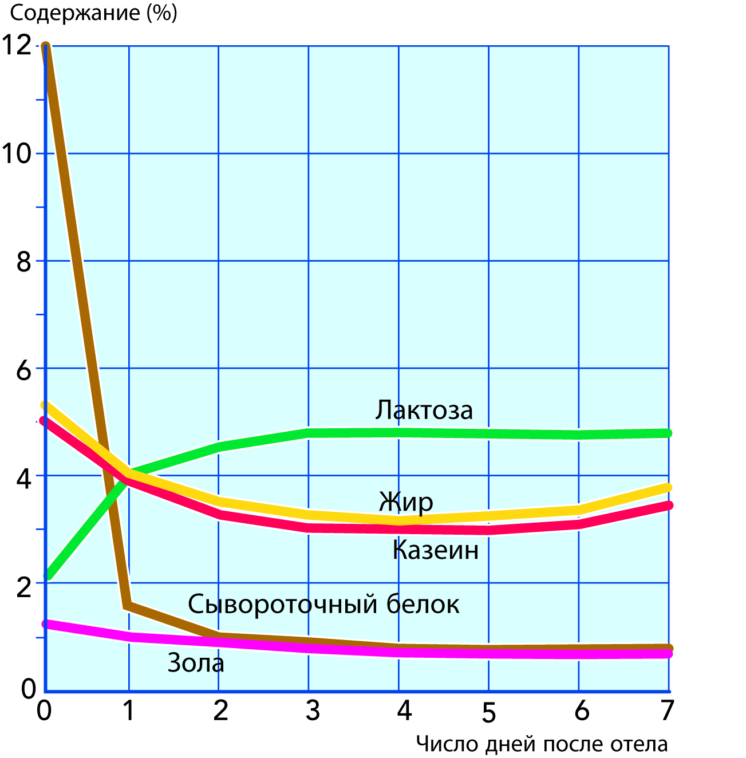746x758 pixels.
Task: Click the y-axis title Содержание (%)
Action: click(x=94, y=13)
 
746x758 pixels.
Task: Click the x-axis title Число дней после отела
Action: click(x=542, y=744)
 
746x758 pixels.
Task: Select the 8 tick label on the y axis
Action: click(x=23, y=262)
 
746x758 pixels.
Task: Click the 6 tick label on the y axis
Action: click(x=23, y=370)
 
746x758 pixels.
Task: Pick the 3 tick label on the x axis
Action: click(x=312, y=710)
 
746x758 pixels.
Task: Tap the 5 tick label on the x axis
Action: click(x=488, y=713)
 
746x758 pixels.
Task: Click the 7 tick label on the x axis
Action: click(x=666, y=710)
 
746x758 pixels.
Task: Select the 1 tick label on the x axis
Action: click(x=129, y=710)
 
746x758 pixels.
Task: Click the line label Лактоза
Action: click(x=424, y=410)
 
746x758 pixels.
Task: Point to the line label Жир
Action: click(x=406, y=502)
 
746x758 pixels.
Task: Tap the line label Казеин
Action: click(x=436, y=550)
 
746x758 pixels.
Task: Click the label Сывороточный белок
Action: click(x=323, y=604)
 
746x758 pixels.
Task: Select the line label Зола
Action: click(x=196, y=663)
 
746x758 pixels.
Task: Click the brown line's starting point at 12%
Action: click(x=46, y=47)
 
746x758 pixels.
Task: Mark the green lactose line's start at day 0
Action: click(x=48, y=575)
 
